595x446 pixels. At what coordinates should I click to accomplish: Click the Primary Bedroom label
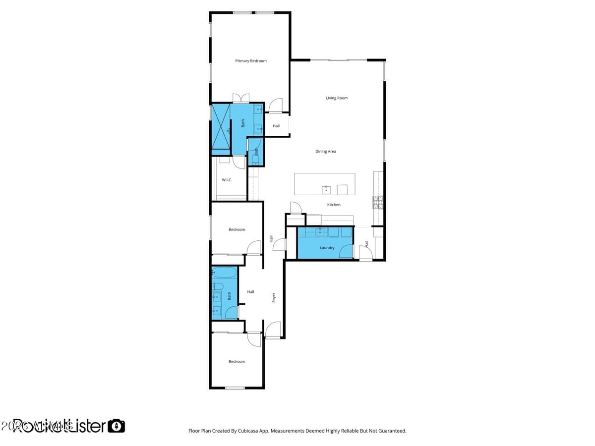tap(250, 61)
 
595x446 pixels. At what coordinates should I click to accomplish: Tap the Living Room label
tap(337, 98)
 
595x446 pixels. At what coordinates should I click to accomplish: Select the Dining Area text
tap(326, 151)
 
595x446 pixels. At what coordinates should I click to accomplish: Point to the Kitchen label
tap(334, 205)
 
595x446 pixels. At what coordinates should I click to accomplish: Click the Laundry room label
tap(327, 248)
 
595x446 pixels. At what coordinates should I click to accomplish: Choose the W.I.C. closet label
tap(227, 180)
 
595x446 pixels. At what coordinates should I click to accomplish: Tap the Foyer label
tap(274, 297)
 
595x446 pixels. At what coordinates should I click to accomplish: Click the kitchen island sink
tap(327, 189)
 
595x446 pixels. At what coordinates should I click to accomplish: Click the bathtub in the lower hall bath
tap(225, 273)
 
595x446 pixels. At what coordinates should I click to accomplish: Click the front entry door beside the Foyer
tap(273, 331)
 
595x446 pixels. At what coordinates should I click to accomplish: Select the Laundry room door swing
tap(346, 252)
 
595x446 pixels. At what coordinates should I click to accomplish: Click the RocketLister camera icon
tap(117, 426)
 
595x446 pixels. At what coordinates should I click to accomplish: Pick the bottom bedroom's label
tap(237, 362)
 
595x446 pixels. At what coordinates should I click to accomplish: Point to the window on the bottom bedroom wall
tap(235, 388)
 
